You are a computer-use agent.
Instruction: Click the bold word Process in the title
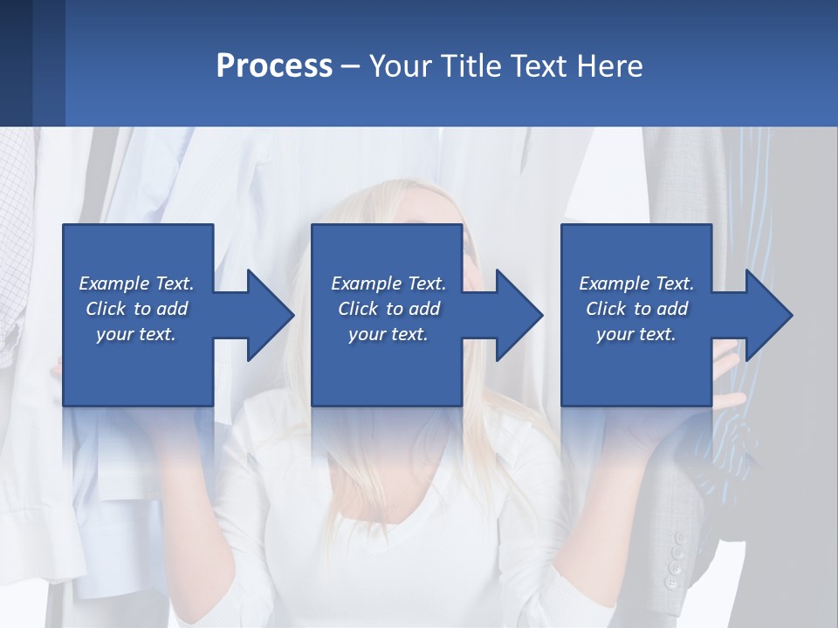click(274, 66)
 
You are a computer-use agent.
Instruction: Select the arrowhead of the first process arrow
click(270, 315)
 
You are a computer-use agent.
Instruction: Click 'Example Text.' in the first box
click(136, 283)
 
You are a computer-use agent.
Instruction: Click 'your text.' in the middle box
click(388, 334)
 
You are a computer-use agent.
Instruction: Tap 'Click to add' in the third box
click(636, 309)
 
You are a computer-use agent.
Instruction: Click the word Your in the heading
click(400, 66)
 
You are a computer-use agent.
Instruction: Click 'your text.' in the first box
click(136, 334)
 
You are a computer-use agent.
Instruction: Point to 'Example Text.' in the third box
click(636, 283)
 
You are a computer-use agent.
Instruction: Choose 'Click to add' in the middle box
click(388, 309)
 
